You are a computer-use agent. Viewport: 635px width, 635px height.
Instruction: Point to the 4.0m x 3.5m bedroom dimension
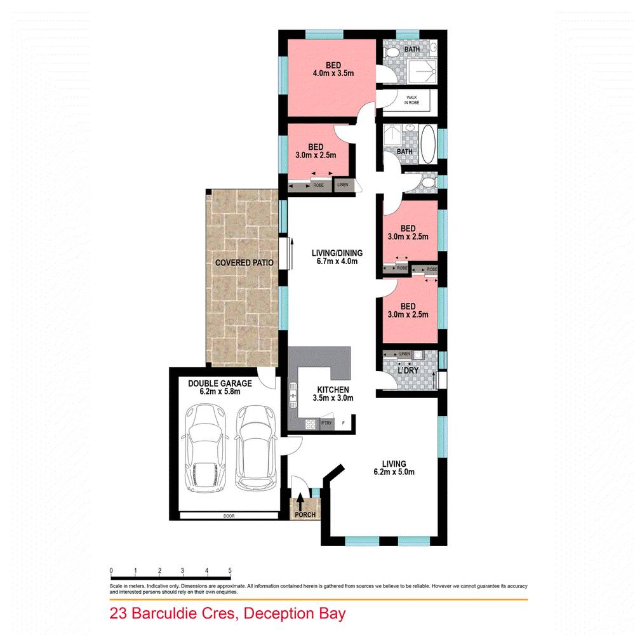(x=333, y=74)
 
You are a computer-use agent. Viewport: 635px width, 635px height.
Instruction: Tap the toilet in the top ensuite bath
(x=393, y=50)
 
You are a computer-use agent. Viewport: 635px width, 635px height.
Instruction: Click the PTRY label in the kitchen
(x=327, y=423)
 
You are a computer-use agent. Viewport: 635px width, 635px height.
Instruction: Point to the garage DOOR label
(x=229, y=516)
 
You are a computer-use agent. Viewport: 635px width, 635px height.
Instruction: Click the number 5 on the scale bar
(x=229, y=570)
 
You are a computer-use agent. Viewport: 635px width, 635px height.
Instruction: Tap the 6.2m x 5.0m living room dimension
(x=394, y=472)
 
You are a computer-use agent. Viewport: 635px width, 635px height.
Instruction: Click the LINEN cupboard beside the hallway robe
(x=343, y=185)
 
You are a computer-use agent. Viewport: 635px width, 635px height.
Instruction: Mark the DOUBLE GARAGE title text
(x=220, y=383)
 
